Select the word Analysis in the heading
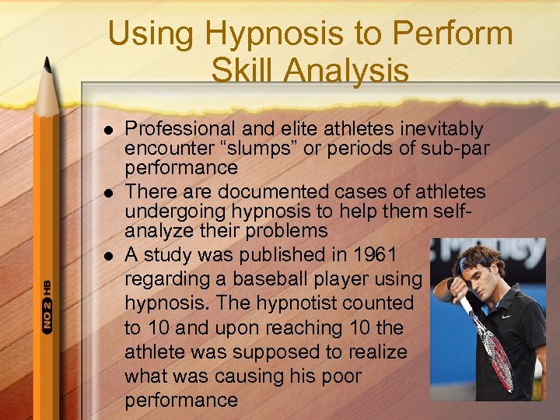point(347,71)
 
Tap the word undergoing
point(176,212)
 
